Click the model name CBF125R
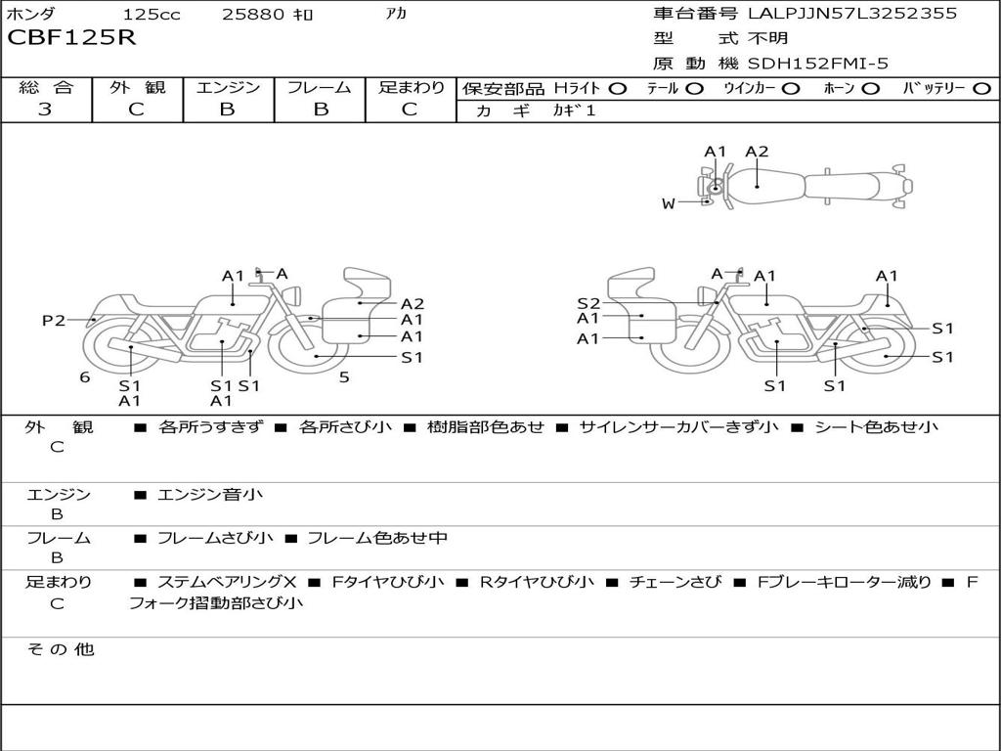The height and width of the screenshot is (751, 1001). [71, 37]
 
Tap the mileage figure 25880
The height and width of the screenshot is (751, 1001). [253, 14]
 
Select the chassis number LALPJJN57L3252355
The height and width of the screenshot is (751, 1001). [852, 14]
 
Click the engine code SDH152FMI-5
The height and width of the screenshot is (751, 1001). [818, 64]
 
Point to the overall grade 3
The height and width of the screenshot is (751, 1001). [45, 110]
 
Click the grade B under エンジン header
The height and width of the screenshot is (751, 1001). [227, 110]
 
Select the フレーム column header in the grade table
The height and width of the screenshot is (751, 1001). [320, 87]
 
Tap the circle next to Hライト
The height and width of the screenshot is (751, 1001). [618, 89]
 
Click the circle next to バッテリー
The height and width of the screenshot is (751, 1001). [981, 89]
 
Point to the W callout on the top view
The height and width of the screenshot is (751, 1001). [668, 203]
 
